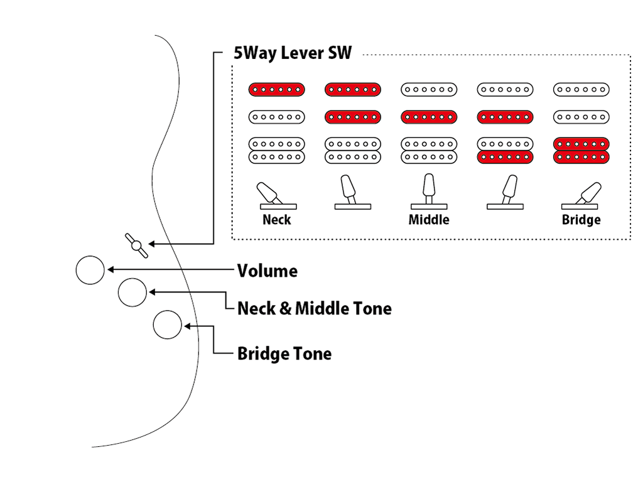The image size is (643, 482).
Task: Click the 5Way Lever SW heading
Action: point(293,53)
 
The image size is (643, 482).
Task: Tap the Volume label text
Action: point(267,271)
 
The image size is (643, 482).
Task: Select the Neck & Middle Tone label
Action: point(314,308)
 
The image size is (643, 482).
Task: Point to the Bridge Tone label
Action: point(284,353)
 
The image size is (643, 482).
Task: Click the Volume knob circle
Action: point(90,270)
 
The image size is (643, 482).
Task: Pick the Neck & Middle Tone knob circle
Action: point(132,292)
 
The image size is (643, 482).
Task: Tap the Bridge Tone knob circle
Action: point(168,325)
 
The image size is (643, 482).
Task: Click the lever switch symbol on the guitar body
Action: point(136,245)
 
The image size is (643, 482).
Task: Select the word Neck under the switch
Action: point(276,220)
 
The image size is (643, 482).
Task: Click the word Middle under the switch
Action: point(429,220)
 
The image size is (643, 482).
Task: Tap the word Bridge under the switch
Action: point(581,220)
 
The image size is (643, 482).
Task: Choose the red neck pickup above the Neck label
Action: point(277,90)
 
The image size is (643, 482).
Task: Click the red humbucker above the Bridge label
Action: point(581,150)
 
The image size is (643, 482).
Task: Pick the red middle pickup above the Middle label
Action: point(429,117)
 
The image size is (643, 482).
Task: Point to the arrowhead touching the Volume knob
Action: point(110,270)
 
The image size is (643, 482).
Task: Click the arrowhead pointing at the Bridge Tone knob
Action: point(187,326)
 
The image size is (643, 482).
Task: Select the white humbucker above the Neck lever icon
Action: point(277,150)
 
